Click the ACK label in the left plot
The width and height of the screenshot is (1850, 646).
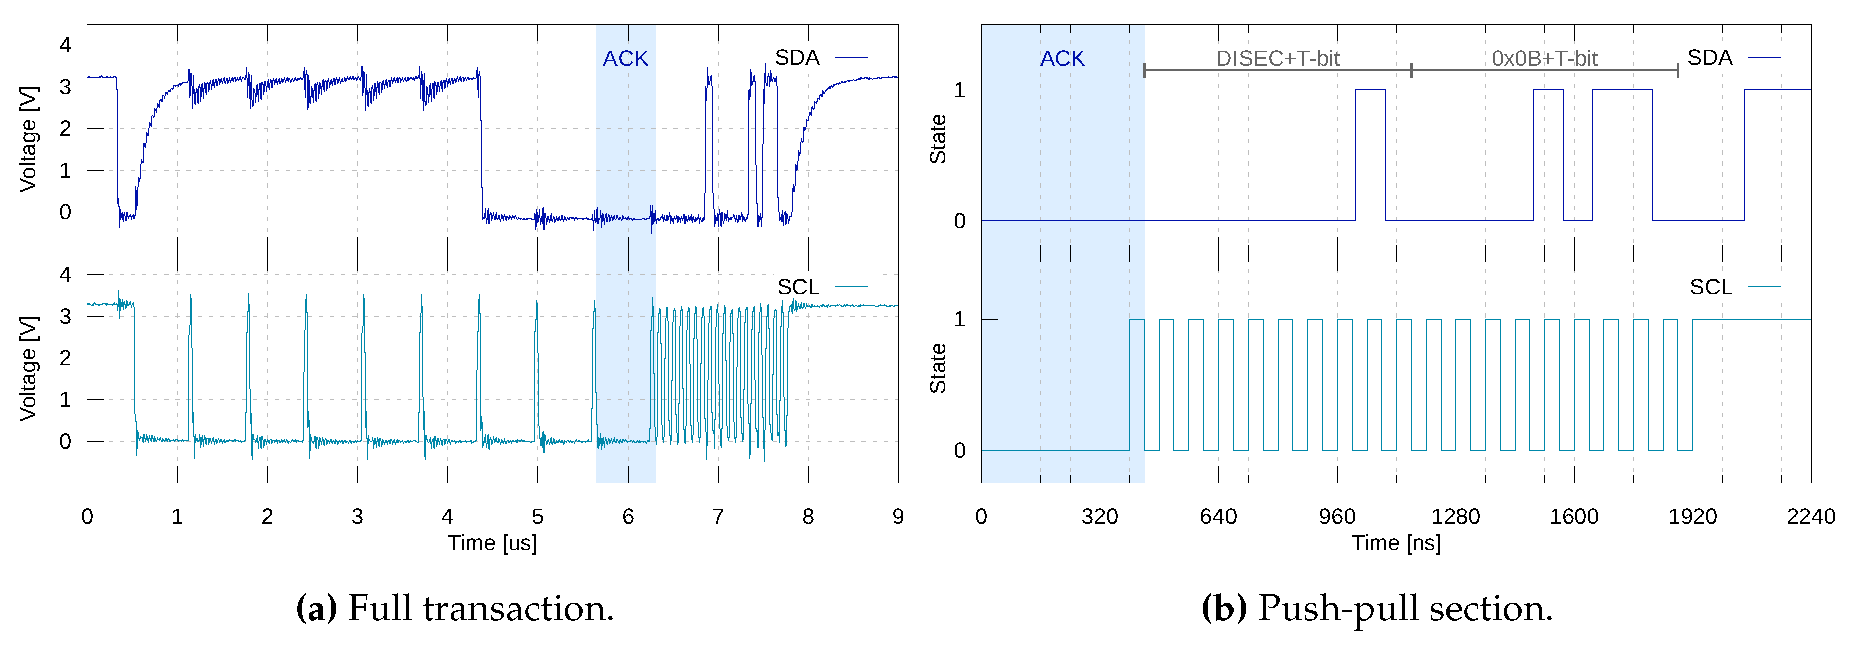pos(625,59)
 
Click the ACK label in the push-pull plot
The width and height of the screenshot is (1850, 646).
pos(1062,59)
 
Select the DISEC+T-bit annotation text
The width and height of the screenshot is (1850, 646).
pos(1277,59)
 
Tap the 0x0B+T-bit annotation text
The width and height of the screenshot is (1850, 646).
pos(1544,59)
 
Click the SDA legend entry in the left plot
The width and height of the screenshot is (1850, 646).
pos(797,58)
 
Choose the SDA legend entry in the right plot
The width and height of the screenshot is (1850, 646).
pos(1710,58)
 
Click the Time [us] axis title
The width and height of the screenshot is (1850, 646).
pos(493,543)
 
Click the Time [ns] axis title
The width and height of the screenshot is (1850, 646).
pos(1396,543)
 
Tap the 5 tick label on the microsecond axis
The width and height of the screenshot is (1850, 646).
pos(538,517)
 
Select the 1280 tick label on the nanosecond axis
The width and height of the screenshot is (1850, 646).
pos(1455,517)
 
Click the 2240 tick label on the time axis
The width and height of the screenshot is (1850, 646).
pos(1810,517)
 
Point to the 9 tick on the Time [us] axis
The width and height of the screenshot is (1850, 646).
pos(898,517)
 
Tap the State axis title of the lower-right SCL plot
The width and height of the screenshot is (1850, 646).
pos(938,368)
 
